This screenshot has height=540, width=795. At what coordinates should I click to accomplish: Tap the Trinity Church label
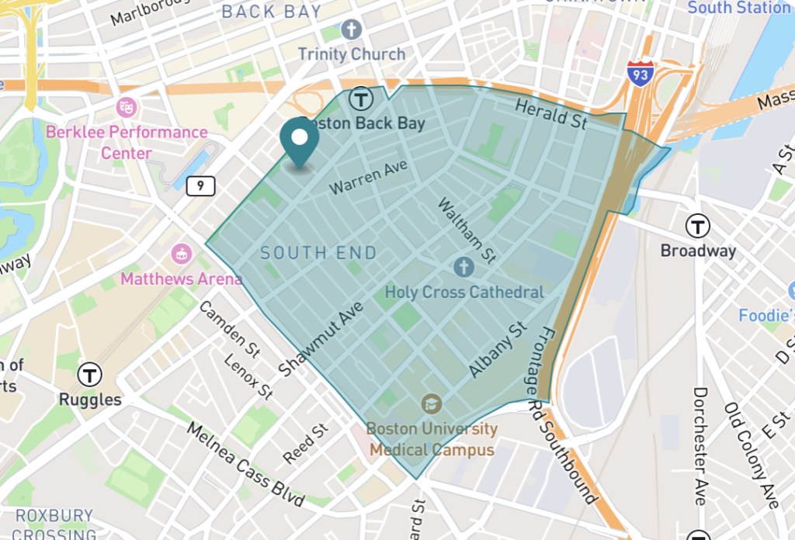pyautogui.click(x=352, y=54)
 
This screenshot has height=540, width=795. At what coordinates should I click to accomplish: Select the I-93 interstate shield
pyautogui.click(x=641, y=73)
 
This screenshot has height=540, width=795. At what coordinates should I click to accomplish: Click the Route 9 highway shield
pyautogui.click(x=201, y=185)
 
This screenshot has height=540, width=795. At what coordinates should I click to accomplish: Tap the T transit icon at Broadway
pyautogui.click(x=697, y=227)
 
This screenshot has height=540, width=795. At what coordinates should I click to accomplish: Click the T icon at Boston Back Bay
pyautogui.click(x=359, y=99)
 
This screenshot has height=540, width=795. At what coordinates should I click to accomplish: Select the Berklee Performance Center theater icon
pyautogui.click(x=126, y=107)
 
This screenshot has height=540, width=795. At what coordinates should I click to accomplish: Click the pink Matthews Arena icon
pyautogui.click(x=182, y=253)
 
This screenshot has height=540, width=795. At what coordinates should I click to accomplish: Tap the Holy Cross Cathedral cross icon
pyautogui.click(x=463, y=268)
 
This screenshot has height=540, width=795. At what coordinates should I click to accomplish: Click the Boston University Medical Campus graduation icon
pyautogui.click(x=431, y=403)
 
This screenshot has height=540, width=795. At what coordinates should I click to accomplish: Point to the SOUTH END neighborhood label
pyautogui.click(x=318, y=253)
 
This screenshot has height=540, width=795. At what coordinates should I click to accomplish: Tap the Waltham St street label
pyautogui.click(x=467, y=229)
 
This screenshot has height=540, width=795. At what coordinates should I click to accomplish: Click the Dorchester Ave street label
pyautogui.click(x=700, y=445)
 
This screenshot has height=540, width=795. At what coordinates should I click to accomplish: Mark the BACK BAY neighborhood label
pyautogui.click(x=271, y=12)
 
